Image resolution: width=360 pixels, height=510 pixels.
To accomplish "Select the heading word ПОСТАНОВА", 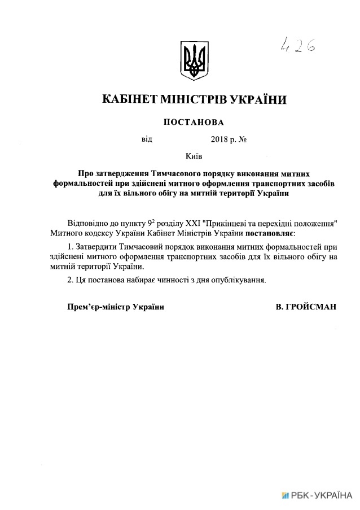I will point(194,122).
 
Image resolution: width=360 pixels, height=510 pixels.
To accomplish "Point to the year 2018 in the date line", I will point(219,139).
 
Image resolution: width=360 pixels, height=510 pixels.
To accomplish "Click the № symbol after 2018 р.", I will point(244,139).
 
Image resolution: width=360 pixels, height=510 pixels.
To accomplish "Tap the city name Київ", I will point(194,155).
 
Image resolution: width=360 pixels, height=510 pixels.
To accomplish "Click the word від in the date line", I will point(147,139).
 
